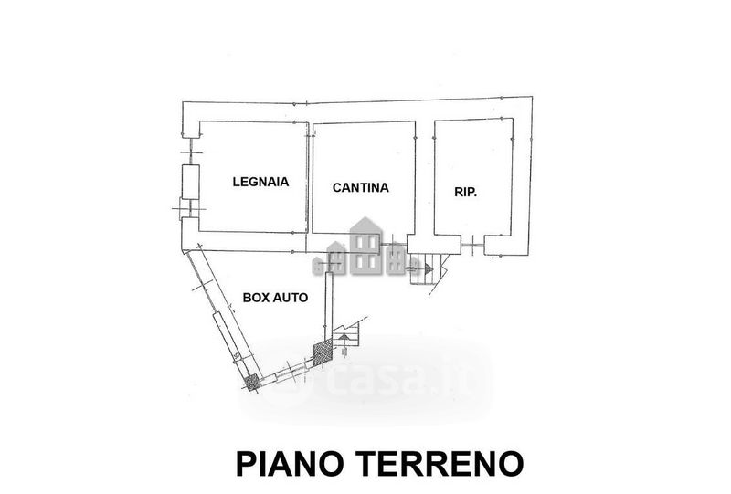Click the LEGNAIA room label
pos(260,182)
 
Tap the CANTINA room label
pos(360,187)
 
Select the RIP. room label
pos(465,192)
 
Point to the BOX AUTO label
pos(275,298)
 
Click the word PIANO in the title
pos(292,463)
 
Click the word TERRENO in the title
pos(440,463)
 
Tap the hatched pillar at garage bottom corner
pos(252,383)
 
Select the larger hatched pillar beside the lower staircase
pos(323,352)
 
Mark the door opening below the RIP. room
pos(472,244)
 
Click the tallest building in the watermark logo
pos(366,246)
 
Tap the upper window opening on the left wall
pos(190,152)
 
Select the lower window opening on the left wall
pos(190,208)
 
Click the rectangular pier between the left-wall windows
pos(190,182)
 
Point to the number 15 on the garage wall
pos(236,356)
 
